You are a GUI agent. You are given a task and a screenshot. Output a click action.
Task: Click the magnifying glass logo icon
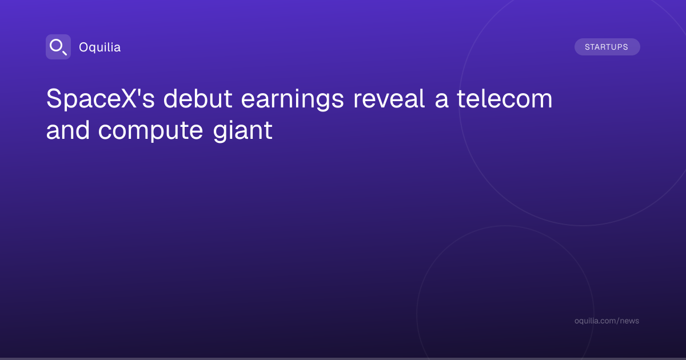(x=58, y=47)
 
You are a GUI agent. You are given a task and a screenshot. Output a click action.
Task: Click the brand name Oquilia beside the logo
(x=100, y=47)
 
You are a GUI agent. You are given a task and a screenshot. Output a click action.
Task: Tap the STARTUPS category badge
(x=607, y=47)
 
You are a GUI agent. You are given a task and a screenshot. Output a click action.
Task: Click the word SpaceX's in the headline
(x=101, y=99)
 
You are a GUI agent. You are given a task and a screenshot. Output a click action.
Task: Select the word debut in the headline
(x=198, y=99)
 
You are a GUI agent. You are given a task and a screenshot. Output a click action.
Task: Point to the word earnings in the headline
(x=293, y=100)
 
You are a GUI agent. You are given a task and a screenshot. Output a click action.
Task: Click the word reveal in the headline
(x=389, y=99)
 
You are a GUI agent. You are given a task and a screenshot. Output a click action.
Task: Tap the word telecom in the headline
(x=505, y=99)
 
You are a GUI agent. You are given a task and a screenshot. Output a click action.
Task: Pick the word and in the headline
(x=68, y=130)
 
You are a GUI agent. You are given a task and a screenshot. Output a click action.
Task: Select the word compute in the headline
(x=151, y=131)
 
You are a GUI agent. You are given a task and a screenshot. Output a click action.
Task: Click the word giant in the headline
(x=242, y=131)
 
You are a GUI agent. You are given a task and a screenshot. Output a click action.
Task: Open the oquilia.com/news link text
(x=607, y=321)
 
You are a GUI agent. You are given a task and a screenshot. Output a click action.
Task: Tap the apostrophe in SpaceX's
(x=140, y=91)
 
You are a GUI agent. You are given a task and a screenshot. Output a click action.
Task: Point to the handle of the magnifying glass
(x=65, y=53)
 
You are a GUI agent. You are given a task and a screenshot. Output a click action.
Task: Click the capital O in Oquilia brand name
(x=83, y=47)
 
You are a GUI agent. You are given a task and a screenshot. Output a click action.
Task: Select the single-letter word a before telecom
(x=441, y=101)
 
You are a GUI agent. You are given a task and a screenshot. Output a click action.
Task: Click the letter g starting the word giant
(x=221, y=134)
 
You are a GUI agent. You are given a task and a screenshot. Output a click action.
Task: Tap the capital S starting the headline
(x=54, y=98)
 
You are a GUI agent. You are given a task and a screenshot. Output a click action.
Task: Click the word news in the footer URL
(x=631, y=321)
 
